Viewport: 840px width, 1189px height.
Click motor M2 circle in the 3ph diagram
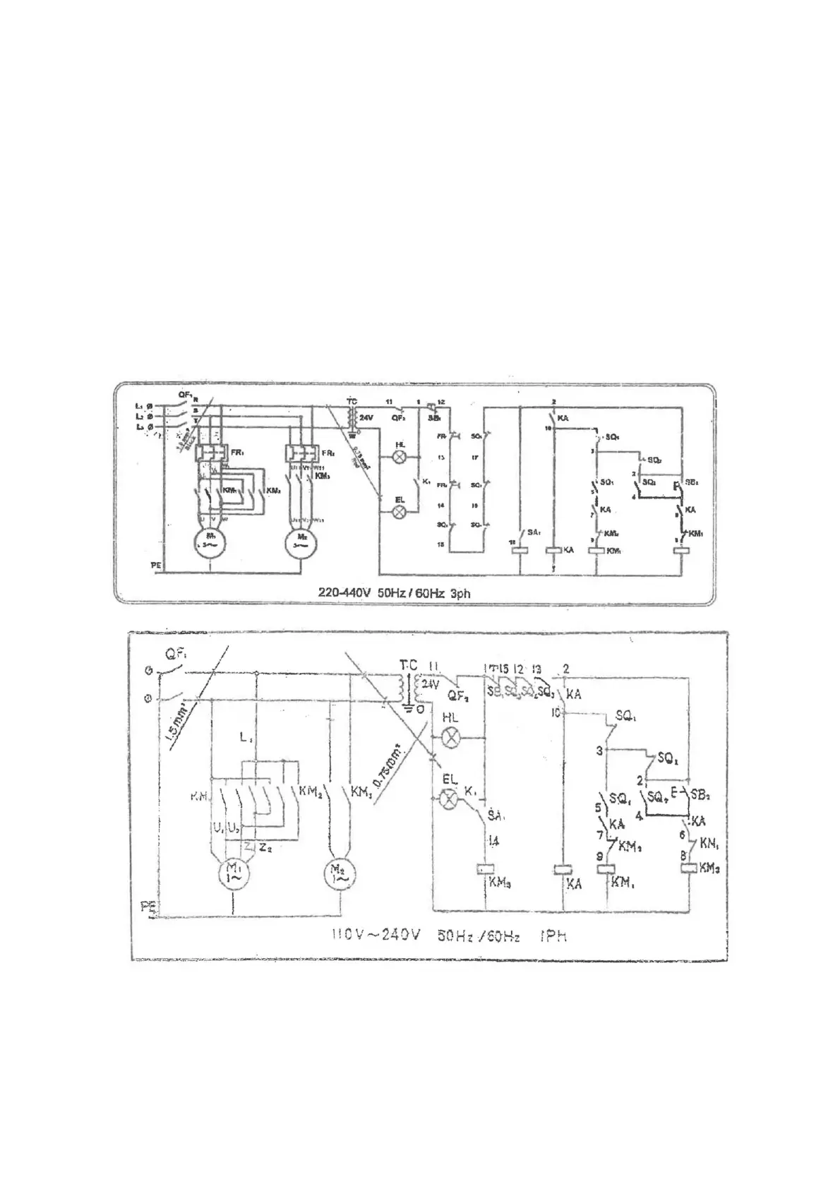tap(301, 543)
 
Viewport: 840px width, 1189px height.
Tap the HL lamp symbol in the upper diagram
tap(400, 458)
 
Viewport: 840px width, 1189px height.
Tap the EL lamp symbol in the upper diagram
tap(400, 512)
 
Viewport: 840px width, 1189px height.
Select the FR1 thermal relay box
tap(210, 452)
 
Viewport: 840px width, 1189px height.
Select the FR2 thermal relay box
tap(301, 452)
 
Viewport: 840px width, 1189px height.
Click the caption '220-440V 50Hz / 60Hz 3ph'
tap(394, 593)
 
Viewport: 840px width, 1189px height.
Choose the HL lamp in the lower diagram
tap(450, 739)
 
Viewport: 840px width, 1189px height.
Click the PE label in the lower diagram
tap(148, 908)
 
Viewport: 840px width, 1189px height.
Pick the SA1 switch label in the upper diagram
tap(534, 532)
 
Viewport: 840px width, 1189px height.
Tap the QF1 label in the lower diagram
tap(175, 655)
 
